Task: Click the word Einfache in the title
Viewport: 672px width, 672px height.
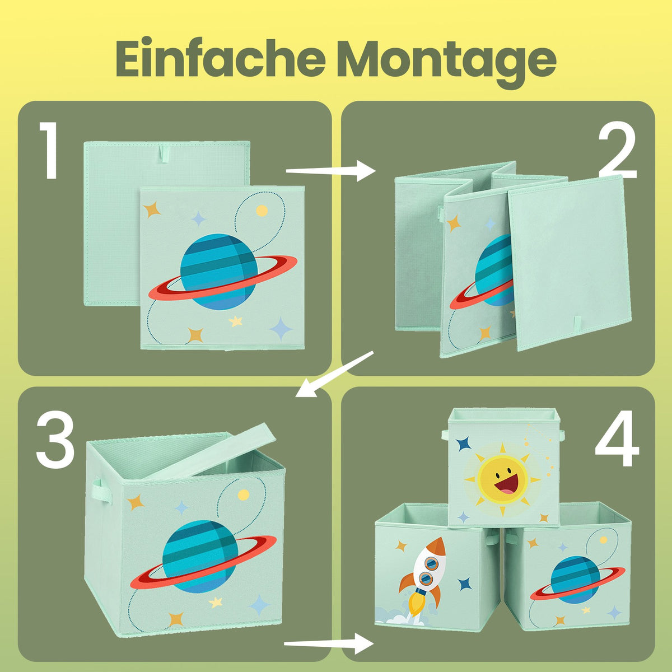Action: [221, 59]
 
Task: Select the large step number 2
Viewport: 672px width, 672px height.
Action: [617, 150]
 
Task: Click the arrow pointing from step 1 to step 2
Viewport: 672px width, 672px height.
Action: [330, 171]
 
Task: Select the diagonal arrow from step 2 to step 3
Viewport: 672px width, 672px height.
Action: [334, 374]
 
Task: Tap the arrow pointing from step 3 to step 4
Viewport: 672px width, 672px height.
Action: [329, 643]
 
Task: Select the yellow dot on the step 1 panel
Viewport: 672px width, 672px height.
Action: [262, 211]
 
